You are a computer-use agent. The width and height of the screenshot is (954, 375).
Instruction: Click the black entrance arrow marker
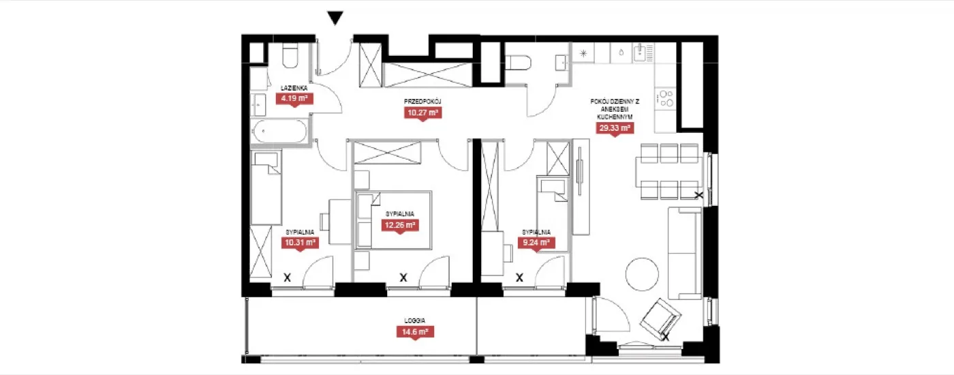click(335, 18)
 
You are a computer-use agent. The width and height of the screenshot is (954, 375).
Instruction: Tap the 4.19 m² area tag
click(294, 100)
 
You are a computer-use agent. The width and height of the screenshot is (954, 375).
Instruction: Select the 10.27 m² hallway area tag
click(422, 113)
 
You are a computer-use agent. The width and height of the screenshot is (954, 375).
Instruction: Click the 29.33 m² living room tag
click(615, 128)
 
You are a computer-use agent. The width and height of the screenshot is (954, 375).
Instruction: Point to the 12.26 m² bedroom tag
click(400, 226)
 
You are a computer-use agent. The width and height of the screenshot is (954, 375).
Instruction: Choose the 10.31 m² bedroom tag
click(301, 243)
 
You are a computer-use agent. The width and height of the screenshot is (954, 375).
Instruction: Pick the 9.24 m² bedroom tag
click(536, 243)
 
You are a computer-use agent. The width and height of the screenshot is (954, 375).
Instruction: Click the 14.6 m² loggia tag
click(415, 332)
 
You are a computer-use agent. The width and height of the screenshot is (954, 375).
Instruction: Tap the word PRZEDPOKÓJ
click(422, 102)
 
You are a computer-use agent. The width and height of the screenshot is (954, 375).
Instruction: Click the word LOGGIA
click(415, 320)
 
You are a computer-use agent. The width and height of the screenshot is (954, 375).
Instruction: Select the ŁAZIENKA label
click(294, 88)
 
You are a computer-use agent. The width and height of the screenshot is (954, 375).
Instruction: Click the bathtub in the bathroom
click(279, 131)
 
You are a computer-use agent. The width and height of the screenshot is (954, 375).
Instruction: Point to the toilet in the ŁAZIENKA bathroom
click(290, 57)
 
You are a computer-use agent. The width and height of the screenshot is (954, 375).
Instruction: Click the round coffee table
click(642, 274)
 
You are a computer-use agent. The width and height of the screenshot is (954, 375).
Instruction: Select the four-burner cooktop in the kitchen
click(665, 98)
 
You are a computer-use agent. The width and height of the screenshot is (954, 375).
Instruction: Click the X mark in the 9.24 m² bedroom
click(519, 278)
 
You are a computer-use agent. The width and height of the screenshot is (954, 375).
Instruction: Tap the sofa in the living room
click(684, 253)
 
